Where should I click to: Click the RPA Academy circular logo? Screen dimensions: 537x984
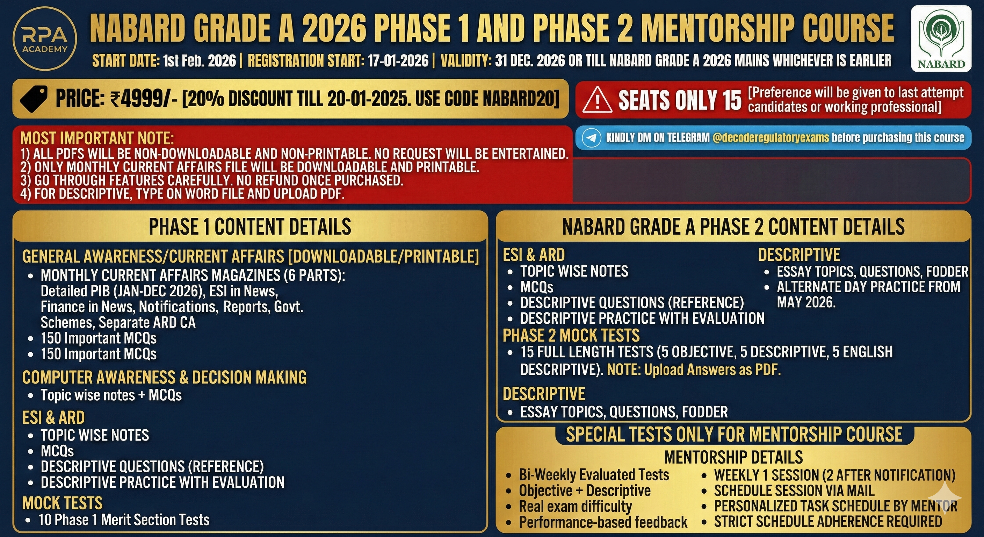[45, 38]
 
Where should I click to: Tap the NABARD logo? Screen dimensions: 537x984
[940, 38]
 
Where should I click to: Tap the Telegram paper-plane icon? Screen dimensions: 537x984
[592, 138]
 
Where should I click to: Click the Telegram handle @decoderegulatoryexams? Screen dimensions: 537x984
[770, 138]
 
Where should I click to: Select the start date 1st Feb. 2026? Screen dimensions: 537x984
[200, 61]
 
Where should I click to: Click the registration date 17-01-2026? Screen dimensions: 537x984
[398, 61]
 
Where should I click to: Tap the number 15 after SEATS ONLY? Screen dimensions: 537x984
[731, 100]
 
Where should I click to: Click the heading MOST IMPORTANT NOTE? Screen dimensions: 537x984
[97, 138]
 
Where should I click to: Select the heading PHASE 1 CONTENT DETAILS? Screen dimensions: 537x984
[250, 227]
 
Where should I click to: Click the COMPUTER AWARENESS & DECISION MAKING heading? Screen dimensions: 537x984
[164, 377]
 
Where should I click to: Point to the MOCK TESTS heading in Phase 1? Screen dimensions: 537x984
[62, 503]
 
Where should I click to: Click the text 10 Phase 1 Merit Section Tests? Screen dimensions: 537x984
[124, 520]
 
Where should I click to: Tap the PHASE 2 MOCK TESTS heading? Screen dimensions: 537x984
[571, 336]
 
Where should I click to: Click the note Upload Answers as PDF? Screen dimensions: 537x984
[712, 370]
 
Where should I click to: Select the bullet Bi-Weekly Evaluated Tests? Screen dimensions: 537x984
[594, 475]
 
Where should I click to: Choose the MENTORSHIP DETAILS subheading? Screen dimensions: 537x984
[733, 457]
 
